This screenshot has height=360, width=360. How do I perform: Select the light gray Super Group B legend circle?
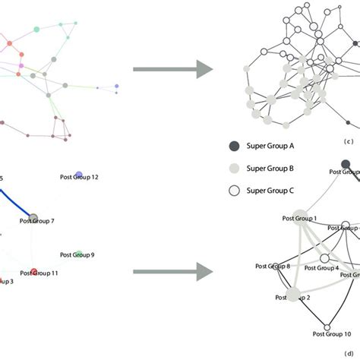click(x=235, y=168)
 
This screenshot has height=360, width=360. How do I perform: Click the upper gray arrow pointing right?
click(x=172, y=70)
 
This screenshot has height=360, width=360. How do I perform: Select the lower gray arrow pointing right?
click(x=172, y=269)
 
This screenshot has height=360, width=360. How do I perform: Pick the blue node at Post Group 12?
click(x=79, y=175)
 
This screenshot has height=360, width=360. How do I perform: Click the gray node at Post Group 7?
click(x=33, y=217)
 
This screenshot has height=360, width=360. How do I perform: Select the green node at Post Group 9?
click(x=79, y=254)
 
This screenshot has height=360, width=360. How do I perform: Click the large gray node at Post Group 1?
click(x=298, y=216)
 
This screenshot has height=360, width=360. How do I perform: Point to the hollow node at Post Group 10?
click(x=327, y=327)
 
